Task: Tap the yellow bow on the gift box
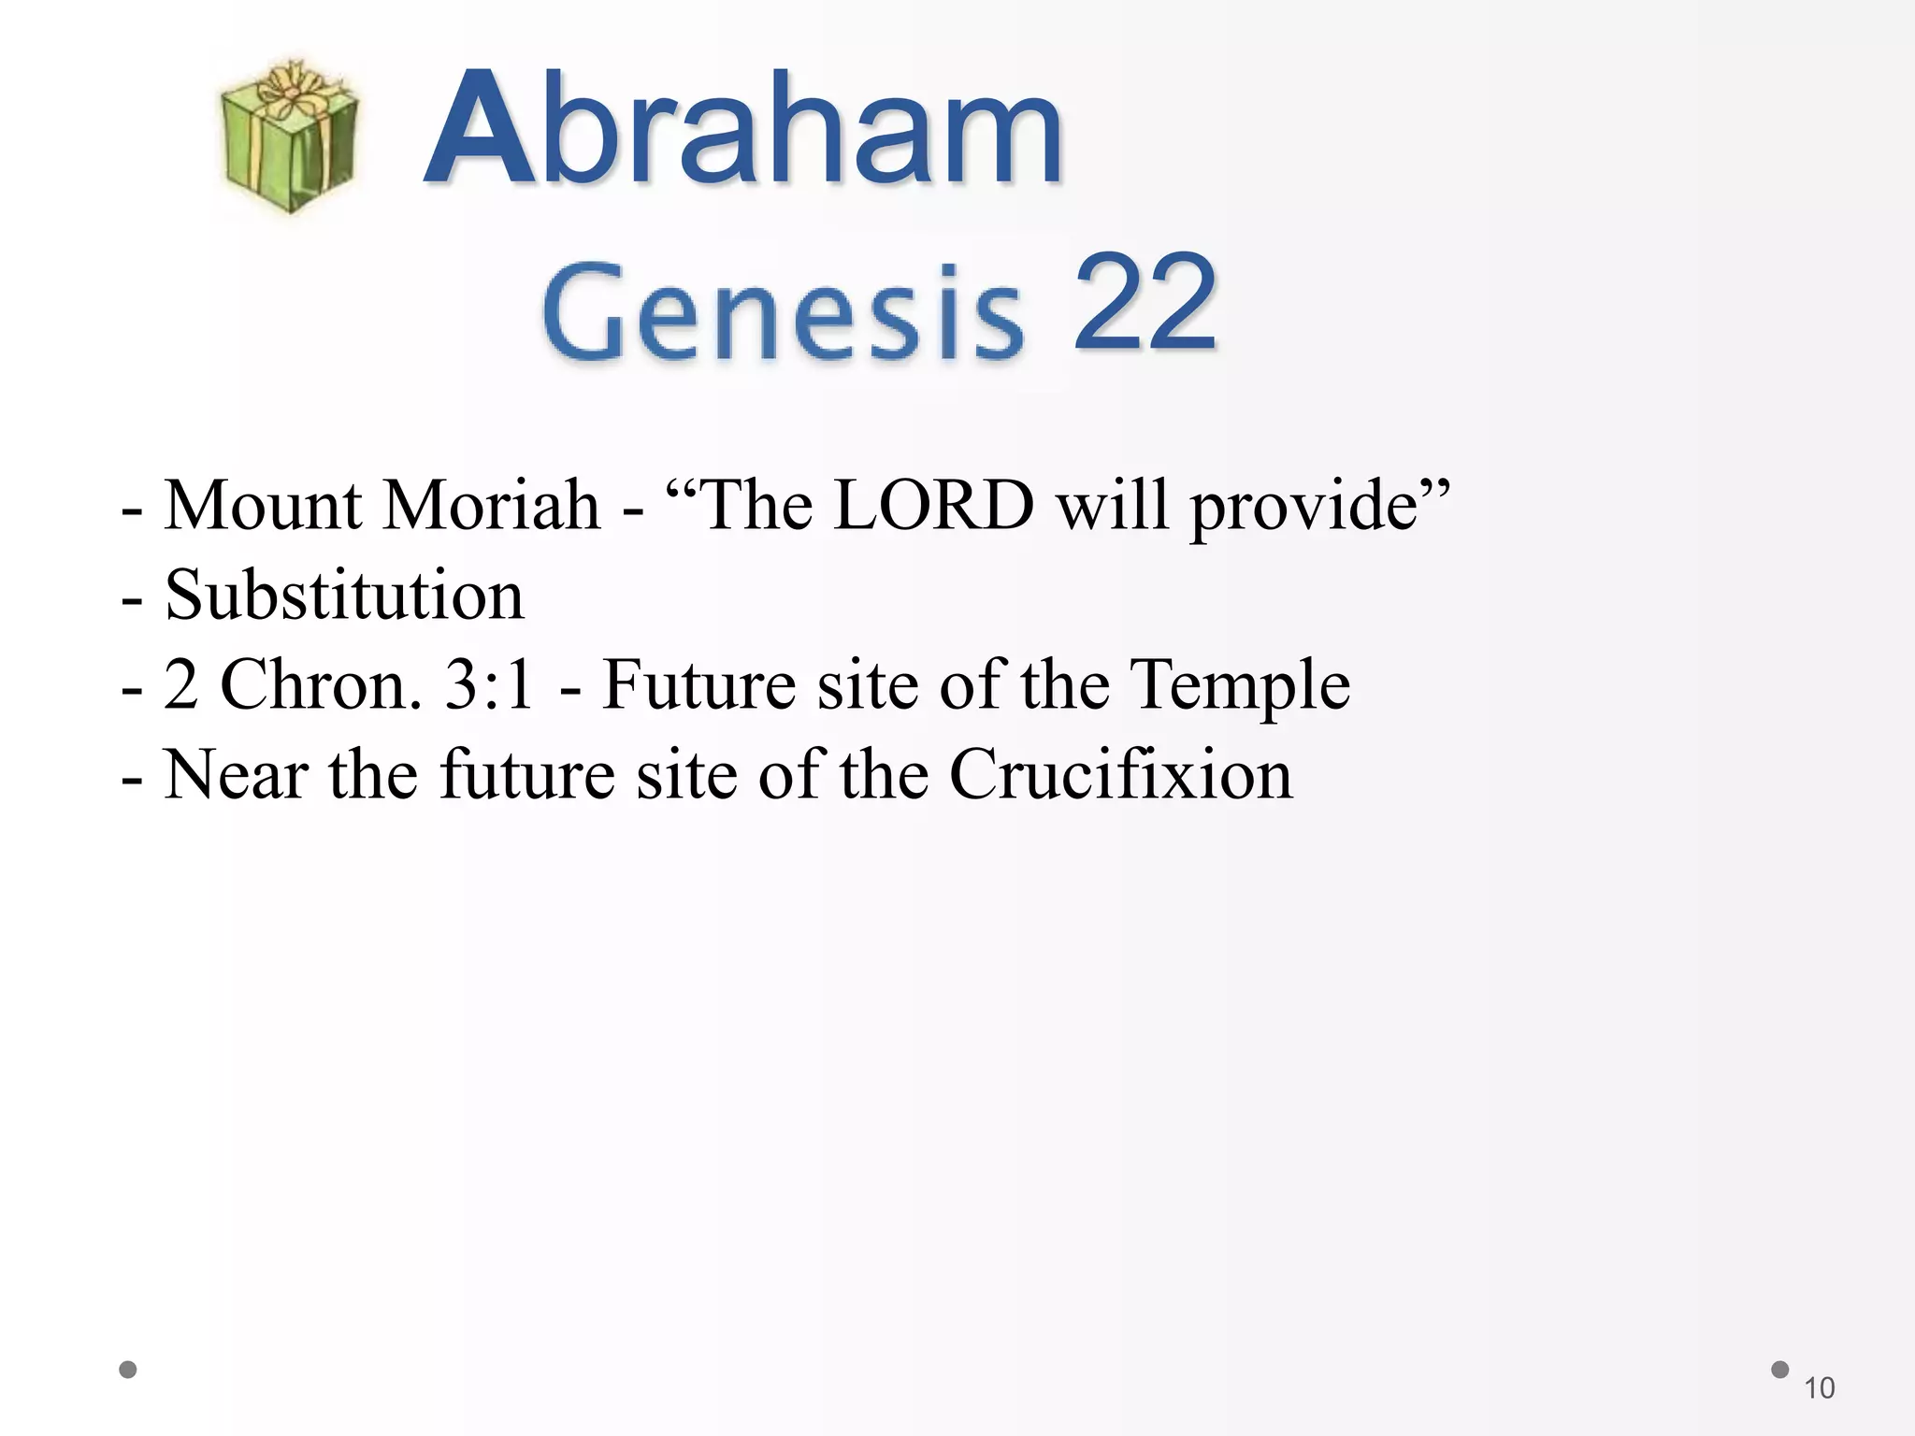(x=290, y=88)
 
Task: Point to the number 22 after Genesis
(x=1145, y=305)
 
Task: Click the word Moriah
(x=492, y=506)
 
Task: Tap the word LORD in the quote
(x=933, y=506)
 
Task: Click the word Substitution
(x=344, y=596)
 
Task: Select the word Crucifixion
(x=1121, y=775)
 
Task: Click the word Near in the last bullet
(x=236, y=775)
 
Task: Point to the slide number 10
(x=1819, y=1388)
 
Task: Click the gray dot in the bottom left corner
(x=129, y=1371)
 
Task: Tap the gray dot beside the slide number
(x=1780, y=1370)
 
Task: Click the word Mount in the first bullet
(x=263, y=506)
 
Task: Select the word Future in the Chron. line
(x=699, y=685)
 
